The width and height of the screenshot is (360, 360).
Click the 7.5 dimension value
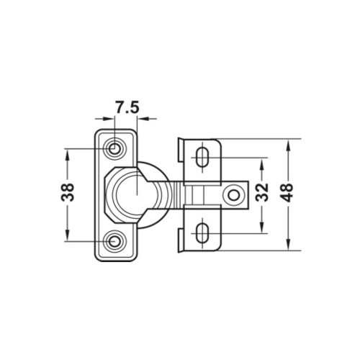pyautogui.click(x=126, y=107)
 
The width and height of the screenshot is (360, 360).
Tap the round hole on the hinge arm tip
pyautogui.click(x=233, y=195)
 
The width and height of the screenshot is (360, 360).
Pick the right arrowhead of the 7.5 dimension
pyautogui.click(x=141, y=120)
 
